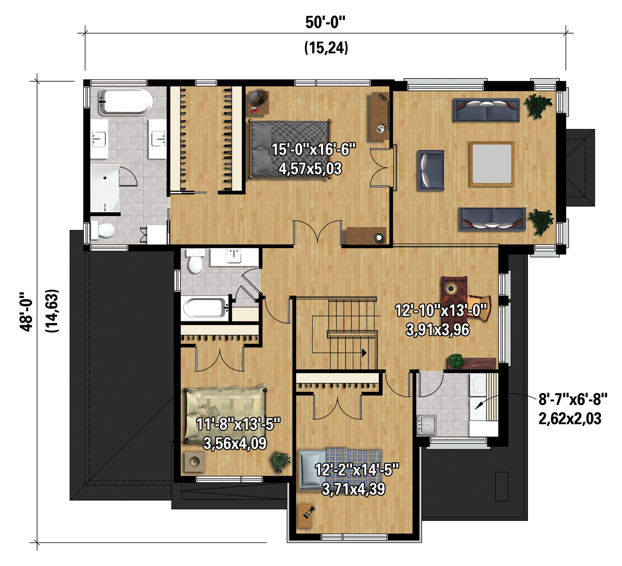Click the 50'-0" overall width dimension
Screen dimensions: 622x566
(x=325, y=22)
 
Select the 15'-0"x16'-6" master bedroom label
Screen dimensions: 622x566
(x=313, y=150)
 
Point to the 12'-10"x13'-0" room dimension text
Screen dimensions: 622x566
(x=441, y=310)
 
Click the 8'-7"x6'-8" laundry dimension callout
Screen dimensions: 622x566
(x=573, y=399)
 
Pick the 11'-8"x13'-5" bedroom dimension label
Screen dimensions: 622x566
(x=238, y=424)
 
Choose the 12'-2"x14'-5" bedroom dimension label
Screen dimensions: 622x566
(x=357, y=470)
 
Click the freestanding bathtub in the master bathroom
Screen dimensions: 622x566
(x=126, y=102)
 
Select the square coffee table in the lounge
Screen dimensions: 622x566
(x=491, y=164)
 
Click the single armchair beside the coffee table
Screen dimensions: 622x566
(x=431, y=170)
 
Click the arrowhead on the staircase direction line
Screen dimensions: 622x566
(x=364, y=353)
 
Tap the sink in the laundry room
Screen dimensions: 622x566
(x=426, y=424)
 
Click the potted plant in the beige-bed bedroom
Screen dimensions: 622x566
(x=280, y=462)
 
